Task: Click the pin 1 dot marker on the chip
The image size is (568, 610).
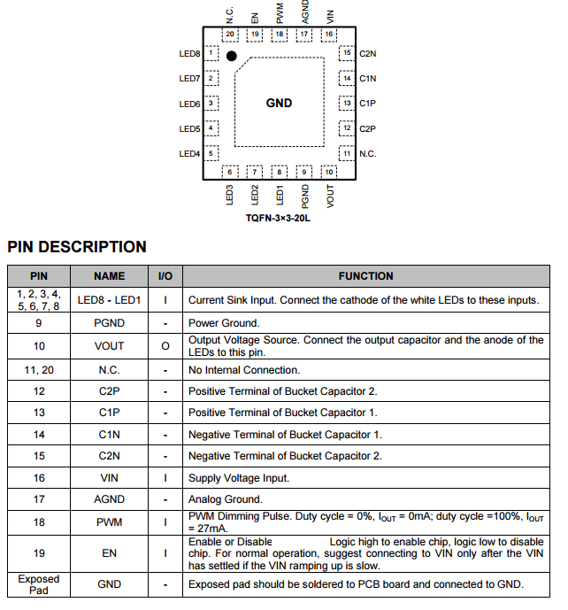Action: (232, 56)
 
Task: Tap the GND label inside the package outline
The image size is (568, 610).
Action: (279, 103)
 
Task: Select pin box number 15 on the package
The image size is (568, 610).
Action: (346, 53)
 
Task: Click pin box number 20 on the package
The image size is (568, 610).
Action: (230, 35)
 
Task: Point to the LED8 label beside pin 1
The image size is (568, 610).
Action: (189, 53)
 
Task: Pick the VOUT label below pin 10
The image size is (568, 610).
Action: (330, 196)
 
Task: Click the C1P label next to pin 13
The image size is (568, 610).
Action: (367, 104)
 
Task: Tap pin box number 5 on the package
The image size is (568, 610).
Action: (211, 153)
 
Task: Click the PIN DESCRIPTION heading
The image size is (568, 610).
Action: (77, 247)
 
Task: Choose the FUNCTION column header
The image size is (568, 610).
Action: (365, 276)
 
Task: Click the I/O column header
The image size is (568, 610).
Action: (165, 276)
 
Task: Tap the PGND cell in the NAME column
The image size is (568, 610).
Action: (110, 323)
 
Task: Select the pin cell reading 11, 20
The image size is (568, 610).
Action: (39, 369)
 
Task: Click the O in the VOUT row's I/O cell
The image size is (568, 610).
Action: (165, 346)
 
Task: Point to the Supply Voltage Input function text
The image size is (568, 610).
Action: (239, 478)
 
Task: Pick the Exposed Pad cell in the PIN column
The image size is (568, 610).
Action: (39, 584)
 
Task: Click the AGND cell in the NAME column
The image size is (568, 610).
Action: (110, 499)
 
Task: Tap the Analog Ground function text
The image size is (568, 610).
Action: (226, 499)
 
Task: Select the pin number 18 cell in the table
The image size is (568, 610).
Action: (39, 522)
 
